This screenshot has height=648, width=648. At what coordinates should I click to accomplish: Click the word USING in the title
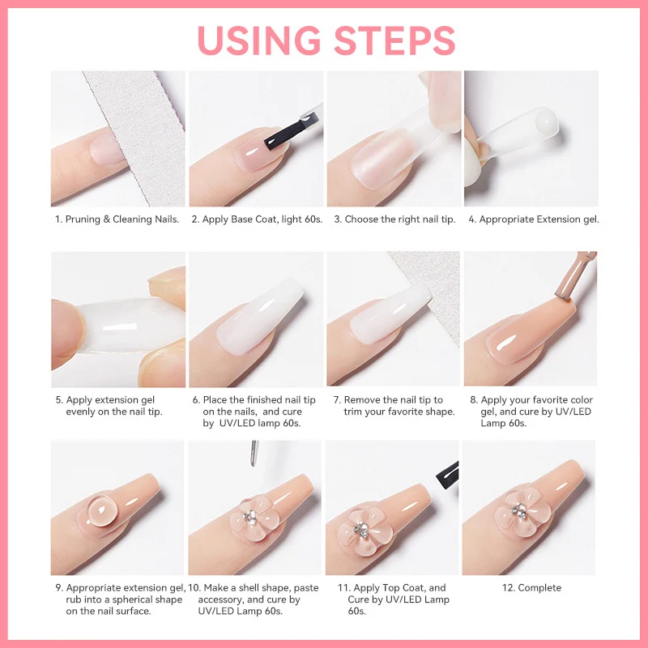click(x=258, y=40)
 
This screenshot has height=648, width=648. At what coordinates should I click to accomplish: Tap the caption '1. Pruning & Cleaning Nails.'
click(x=117, y=220)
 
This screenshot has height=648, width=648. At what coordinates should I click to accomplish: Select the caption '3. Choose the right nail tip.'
click(x=394, y=220)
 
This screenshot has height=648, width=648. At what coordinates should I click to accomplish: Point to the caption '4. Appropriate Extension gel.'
click(x=532, y=220)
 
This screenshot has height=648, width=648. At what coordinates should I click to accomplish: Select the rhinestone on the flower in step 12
click(x=518, y=509)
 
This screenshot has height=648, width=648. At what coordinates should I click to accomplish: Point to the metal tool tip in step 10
click(x=254, y=454)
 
